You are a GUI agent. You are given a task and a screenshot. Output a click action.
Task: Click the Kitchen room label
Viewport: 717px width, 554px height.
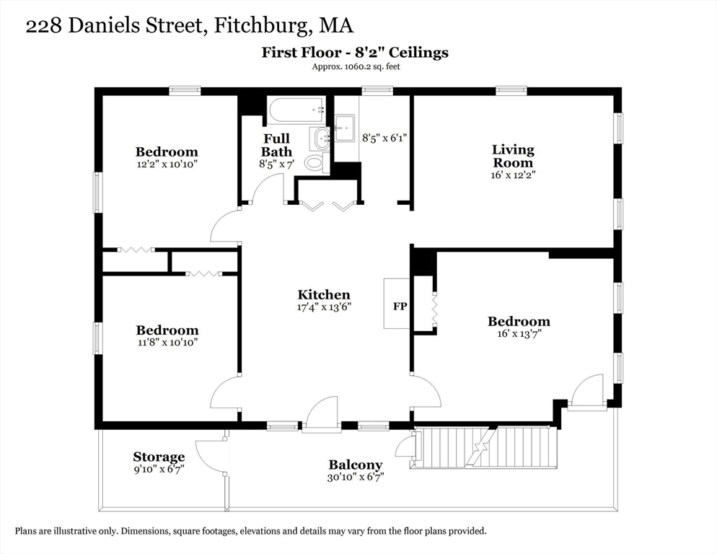pos(324,294)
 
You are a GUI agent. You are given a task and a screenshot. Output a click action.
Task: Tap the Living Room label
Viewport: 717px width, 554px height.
pos(513,156)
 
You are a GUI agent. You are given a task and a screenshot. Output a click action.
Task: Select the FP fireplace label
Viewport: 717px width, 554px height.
pos(400,306)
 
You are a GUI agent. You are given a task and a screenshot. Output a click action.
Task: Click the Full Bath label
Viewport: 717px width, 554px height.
pos(276,144)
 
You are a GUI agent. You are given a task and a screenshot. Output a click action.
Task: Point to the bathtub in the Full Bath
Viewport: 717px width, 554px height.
pos(296,110)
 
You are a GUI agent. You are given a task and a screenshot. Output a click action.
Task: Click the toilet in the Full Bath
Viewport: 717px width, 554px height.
pos(314,162)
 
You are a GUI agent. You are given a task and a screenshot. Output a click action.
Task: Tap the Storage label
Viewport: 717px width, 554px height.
pos(159,457)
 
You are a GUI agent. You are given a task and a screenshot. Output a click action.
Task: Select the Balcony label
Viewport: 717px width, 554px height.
pos(356,465)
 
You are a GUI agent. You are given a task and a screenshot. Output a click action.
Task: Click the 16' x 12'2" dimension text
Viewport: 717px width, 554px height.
pos(513,175)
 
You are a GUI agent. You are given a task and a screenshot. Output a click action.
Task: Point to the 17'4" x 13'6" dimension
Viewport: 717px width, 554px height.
pos(324,307)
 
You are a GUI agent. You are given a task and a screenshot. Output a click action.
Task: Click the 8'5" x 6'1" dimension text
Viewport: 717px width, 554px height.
pos(384,137)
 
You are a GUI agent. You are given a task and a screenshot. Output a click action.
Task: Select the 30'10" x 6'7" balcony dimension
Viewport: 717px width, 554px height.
pos(356,477)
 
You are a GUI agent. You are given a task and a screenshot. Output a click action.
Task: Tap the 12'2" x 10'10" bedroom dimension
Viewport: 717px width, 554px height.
pos(167,164)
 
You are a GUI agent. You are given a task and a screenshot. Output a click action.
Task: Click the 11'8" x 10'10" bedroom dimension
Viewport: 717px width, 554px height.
pos(167,342)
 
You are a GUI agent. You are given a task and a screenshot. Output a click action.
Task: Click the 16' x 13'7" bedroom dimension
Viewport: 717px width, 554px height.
pos(519,334)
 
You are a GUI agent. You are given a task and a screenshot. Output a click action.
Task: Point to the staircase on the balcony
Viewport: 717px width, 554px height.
pos(485,447)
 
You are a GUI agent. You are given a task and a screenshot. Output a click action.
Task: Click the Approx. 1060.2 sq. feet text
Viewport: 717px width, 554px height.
pos(356,66)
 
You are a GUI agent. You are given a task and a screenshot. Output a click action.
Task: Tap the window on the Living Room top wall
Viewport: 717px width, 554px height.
pos(511,91)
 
